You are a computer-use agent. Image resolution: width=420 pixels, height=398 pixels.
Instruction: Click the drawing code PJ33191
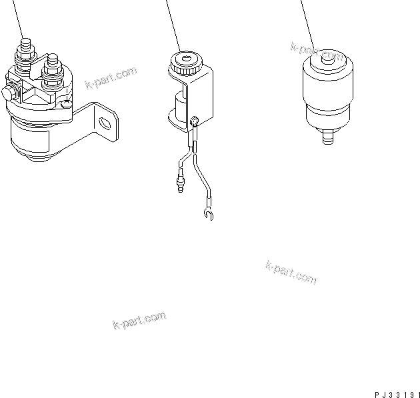point(393,392)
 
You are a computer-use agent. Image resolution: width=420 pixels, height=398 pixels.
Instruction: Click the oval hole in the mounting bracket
point(104,123)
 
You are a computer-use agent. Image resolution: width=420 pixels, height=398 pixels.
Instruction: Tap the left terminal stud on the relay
point(27,50)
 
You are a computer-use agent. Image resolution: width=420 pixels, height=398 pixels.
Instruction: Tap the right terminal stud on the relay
point(51,66)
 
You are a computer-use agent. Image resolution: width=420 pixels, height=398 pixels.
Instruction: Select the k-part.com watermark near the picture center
point(291,272)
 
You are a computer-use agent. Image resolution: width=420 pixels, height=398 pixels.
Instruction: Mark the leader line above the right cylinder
point(306,20)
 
